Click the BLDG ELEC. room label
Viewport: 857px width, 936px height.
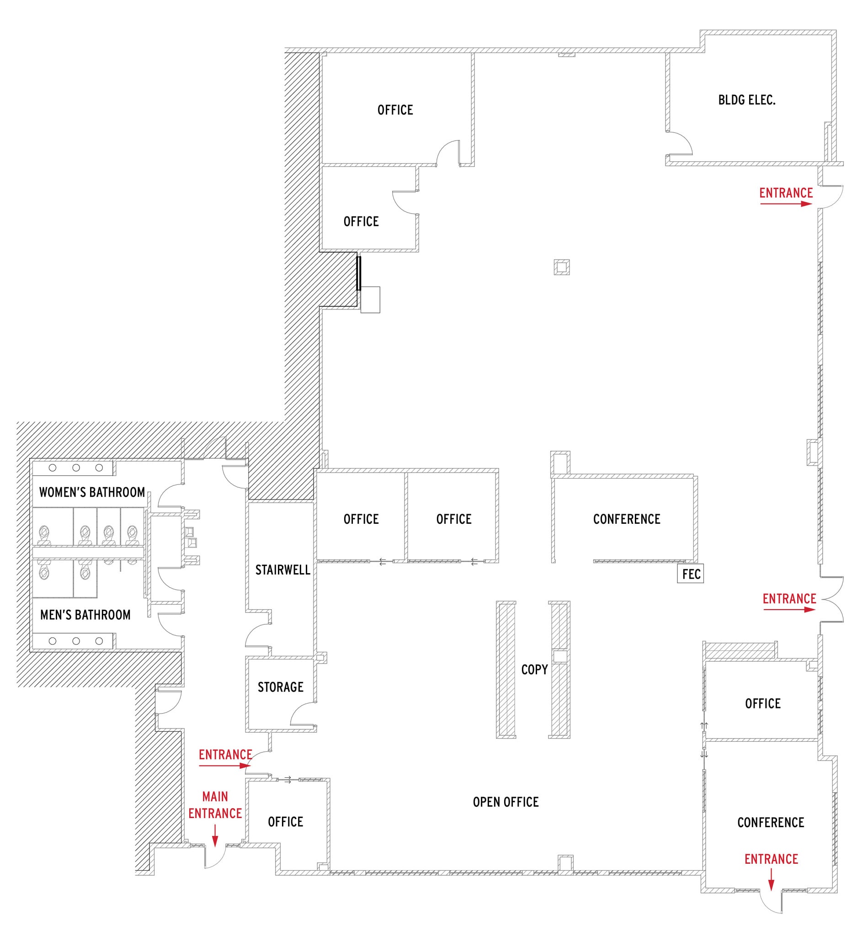click(x=746, y=100)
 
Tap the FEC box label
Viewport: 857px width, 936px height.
click(x=691, y=574)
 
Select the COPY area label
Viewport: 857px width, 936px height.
click(x=534, y=670)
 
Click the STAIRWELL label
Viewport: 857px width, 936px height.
click(x=282, y=570)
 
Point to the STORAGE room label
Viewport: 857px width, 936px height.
click(x=280, y=687)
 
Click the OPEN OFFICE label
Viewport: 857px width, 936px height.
click(x=506, y=802)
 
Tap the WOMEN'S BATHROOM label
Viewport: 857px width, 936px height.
click(x=92, y=492)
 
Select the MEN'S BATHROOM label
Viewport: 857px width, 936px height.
click(x=85, y=615)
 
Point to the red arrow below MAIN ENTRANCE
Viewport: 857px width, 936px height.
click(x=215, y=835)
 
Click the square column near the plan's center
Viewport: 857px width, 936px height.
click(x=562, y=267)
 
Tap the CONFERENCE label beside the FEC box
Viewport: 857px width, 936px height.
click(x=627, y=519)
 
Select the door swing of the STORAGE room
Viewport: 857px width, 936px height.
click(x=303, y=714)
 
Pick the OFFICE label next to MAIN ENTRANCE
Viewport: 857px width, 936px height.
click(x=286, y=822)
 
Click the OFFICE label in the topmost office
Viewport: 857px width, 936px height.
click(x=395, y=110)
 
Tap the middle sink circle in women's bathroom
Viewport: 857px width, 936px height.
click(x=76, y=468)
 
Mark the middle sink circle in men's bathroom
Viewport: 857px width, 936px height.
click(x=76, y=641)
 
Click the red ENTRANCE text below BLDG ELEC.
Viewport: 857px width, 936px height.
click(x=786, y=193)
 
